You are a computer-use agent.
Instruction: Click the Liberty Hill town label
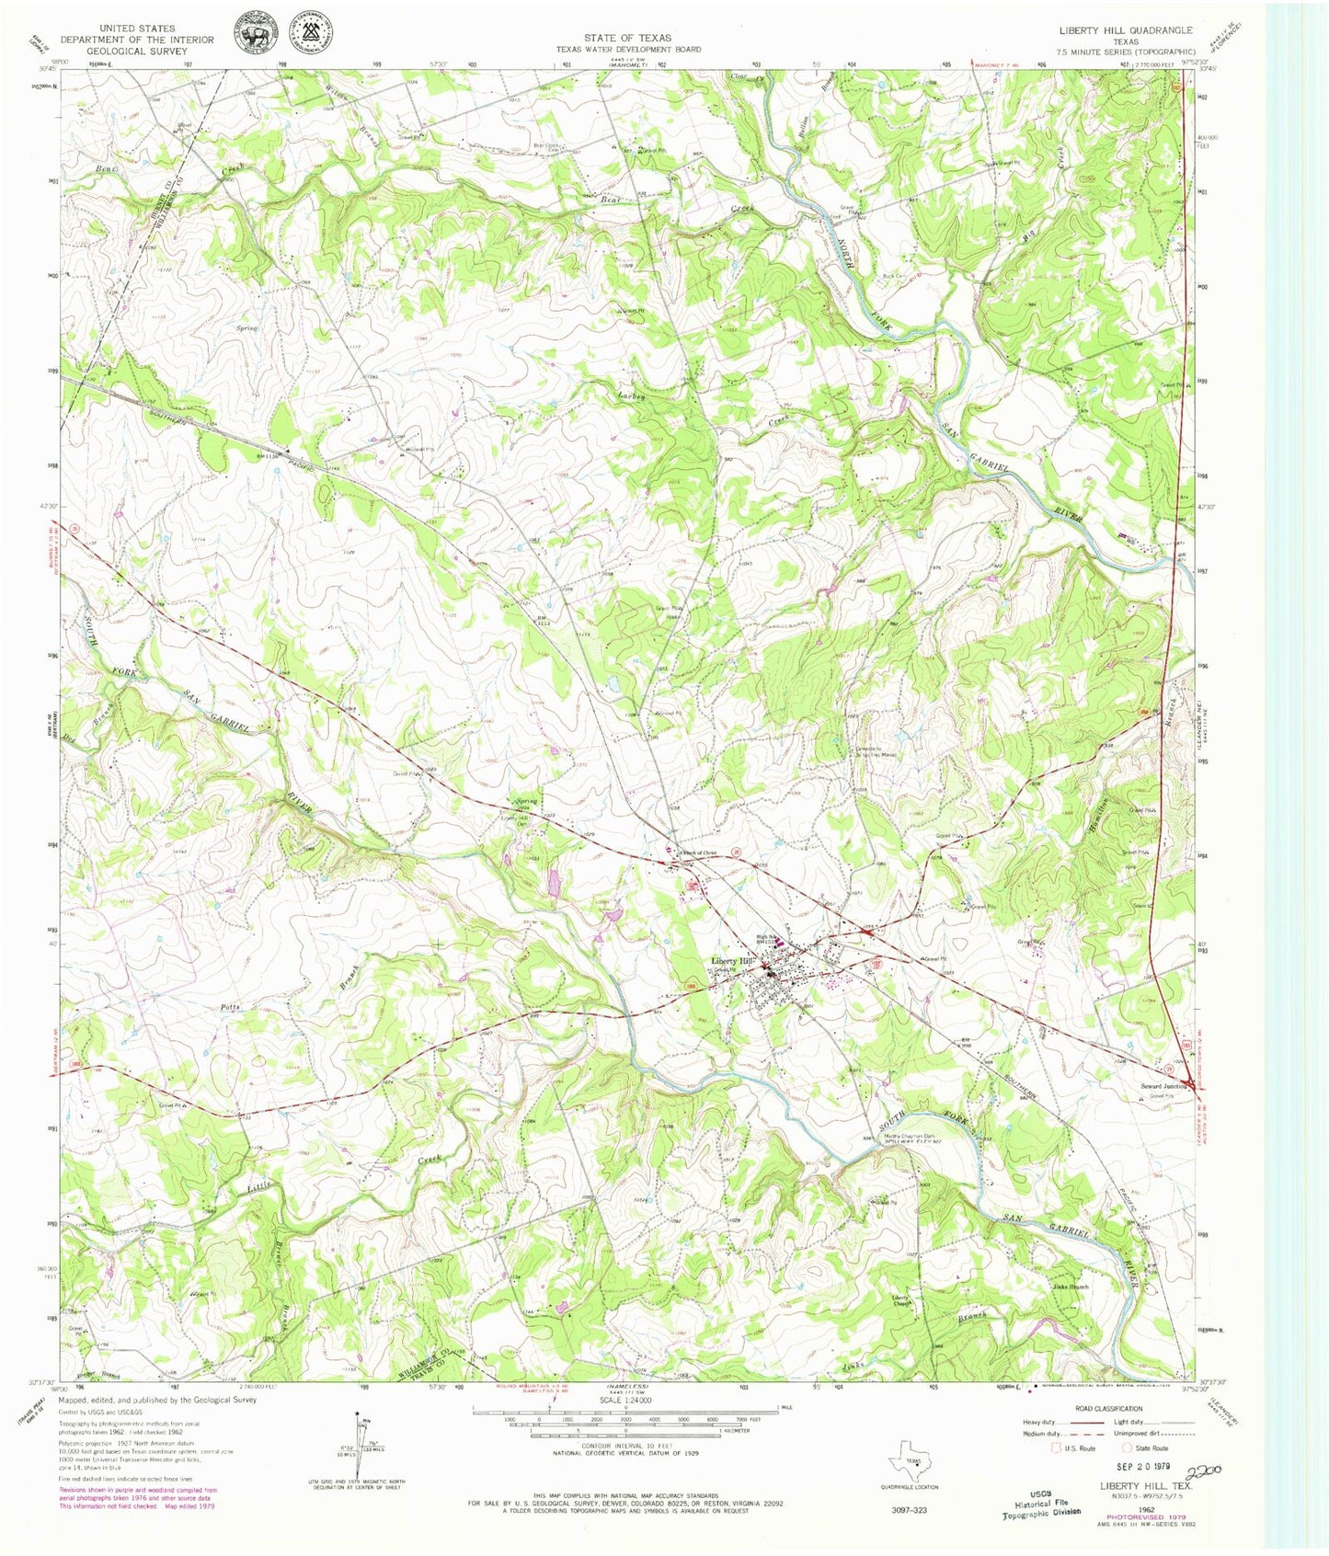coord(731,962)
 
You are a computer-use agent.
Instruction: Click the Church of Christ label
coord(696,852)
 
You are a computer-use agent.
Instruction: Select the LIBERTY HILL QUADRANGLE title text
coord(1125,30)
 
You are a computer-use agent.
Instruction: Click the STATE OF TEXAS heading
coord(627,38)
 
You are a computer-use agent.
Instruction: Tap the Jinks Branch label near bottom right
coord(1070,1287)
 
